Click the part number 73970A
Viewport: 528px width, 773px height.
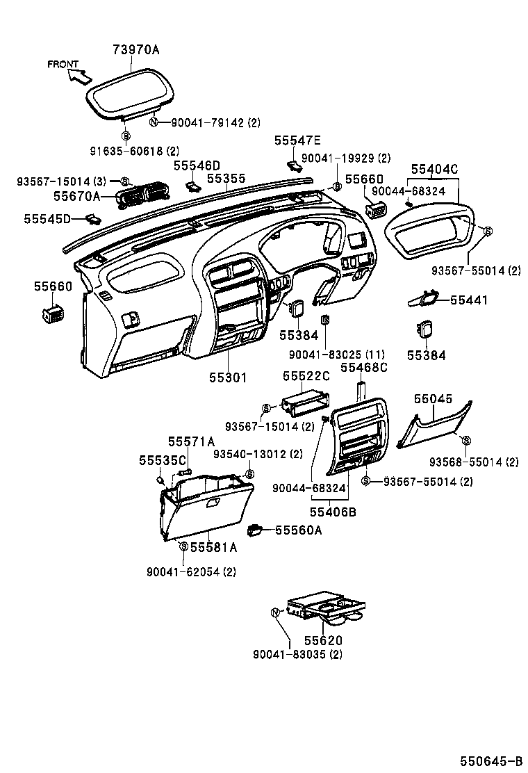136,49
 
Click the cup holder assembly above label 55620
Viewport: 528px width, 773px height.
326,607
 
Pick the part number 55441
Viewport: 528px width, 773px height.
469,300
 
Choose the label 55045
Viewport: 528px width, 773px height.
433,399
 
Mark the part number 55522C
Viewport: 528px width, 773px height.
306,376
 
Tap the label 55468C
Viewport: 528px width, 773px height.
364,367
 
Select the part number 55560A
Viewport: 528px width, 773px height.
299,530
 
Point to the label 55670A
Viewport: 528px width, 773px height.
77,197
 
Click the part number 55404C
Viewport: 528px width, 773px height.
434,169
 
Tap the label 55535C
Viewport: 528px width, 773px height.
163,460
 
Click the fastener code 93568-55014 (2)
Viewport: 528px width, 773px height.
474,462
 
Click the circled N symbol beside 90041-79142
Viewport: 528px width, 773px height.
155,122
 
